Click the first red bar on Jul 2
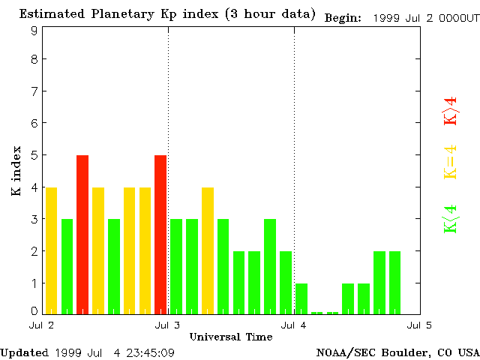tap(82, 234)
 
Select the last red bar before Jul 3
tap(160, 234)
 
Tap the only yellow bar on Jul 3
tap(208, 250)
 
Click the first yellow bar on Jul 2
tap(51, 250)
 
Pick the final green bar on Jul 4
tap(394, 283)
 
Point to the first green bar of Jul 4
tap(301, 298)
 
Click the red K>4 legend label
tap(450, 112)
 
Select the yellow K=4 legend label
tap(450, 162)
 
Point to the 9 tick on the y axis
tap(34, 31)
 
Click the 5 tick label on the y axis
tap(34, 155)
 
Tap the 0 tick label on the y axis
tap(34, 310)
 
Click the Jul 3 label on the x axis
tap(166, 325)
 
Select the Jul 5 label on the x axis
tap(418, 325)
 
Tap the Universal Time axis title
tap(230, 337)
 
